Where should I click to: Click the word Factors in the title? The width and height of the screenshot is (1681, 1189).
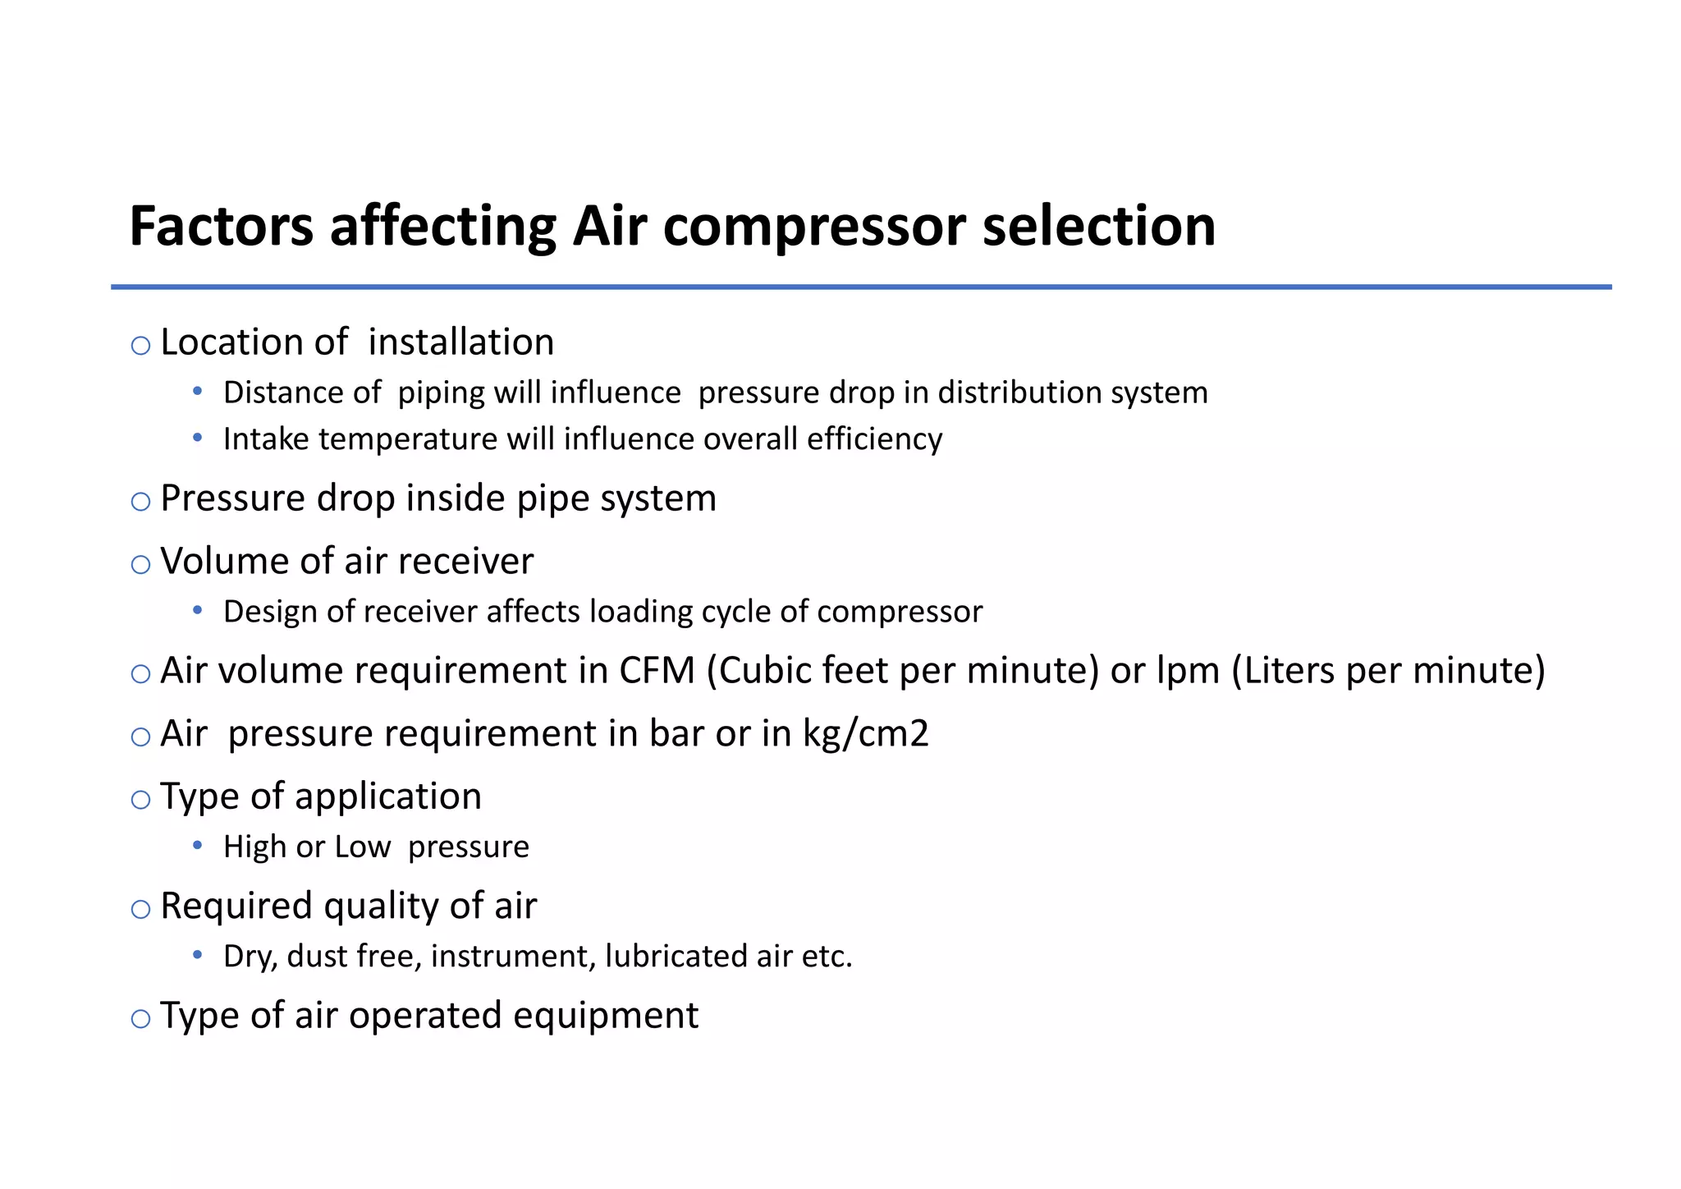click(221, 227)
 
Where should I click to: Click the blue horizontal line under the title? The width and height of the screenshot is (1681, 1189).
click(861, 287)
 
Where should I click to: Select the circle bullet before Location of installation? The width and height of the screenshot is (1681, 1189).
click(140, 346)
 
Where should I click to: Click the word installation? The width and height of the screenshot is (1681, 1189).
click(460, 342)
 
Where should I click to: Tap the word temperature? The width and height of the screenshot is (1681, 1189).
click(407, 440)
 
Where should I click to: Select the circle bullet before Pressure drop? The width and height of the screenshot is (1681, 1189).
click(140, 502)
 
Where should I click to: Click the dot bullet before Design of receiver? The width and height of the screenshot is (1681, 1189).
click(197, 610)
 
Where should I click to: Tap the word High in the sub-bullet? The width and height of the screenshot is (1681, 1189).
click(254, 847)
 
